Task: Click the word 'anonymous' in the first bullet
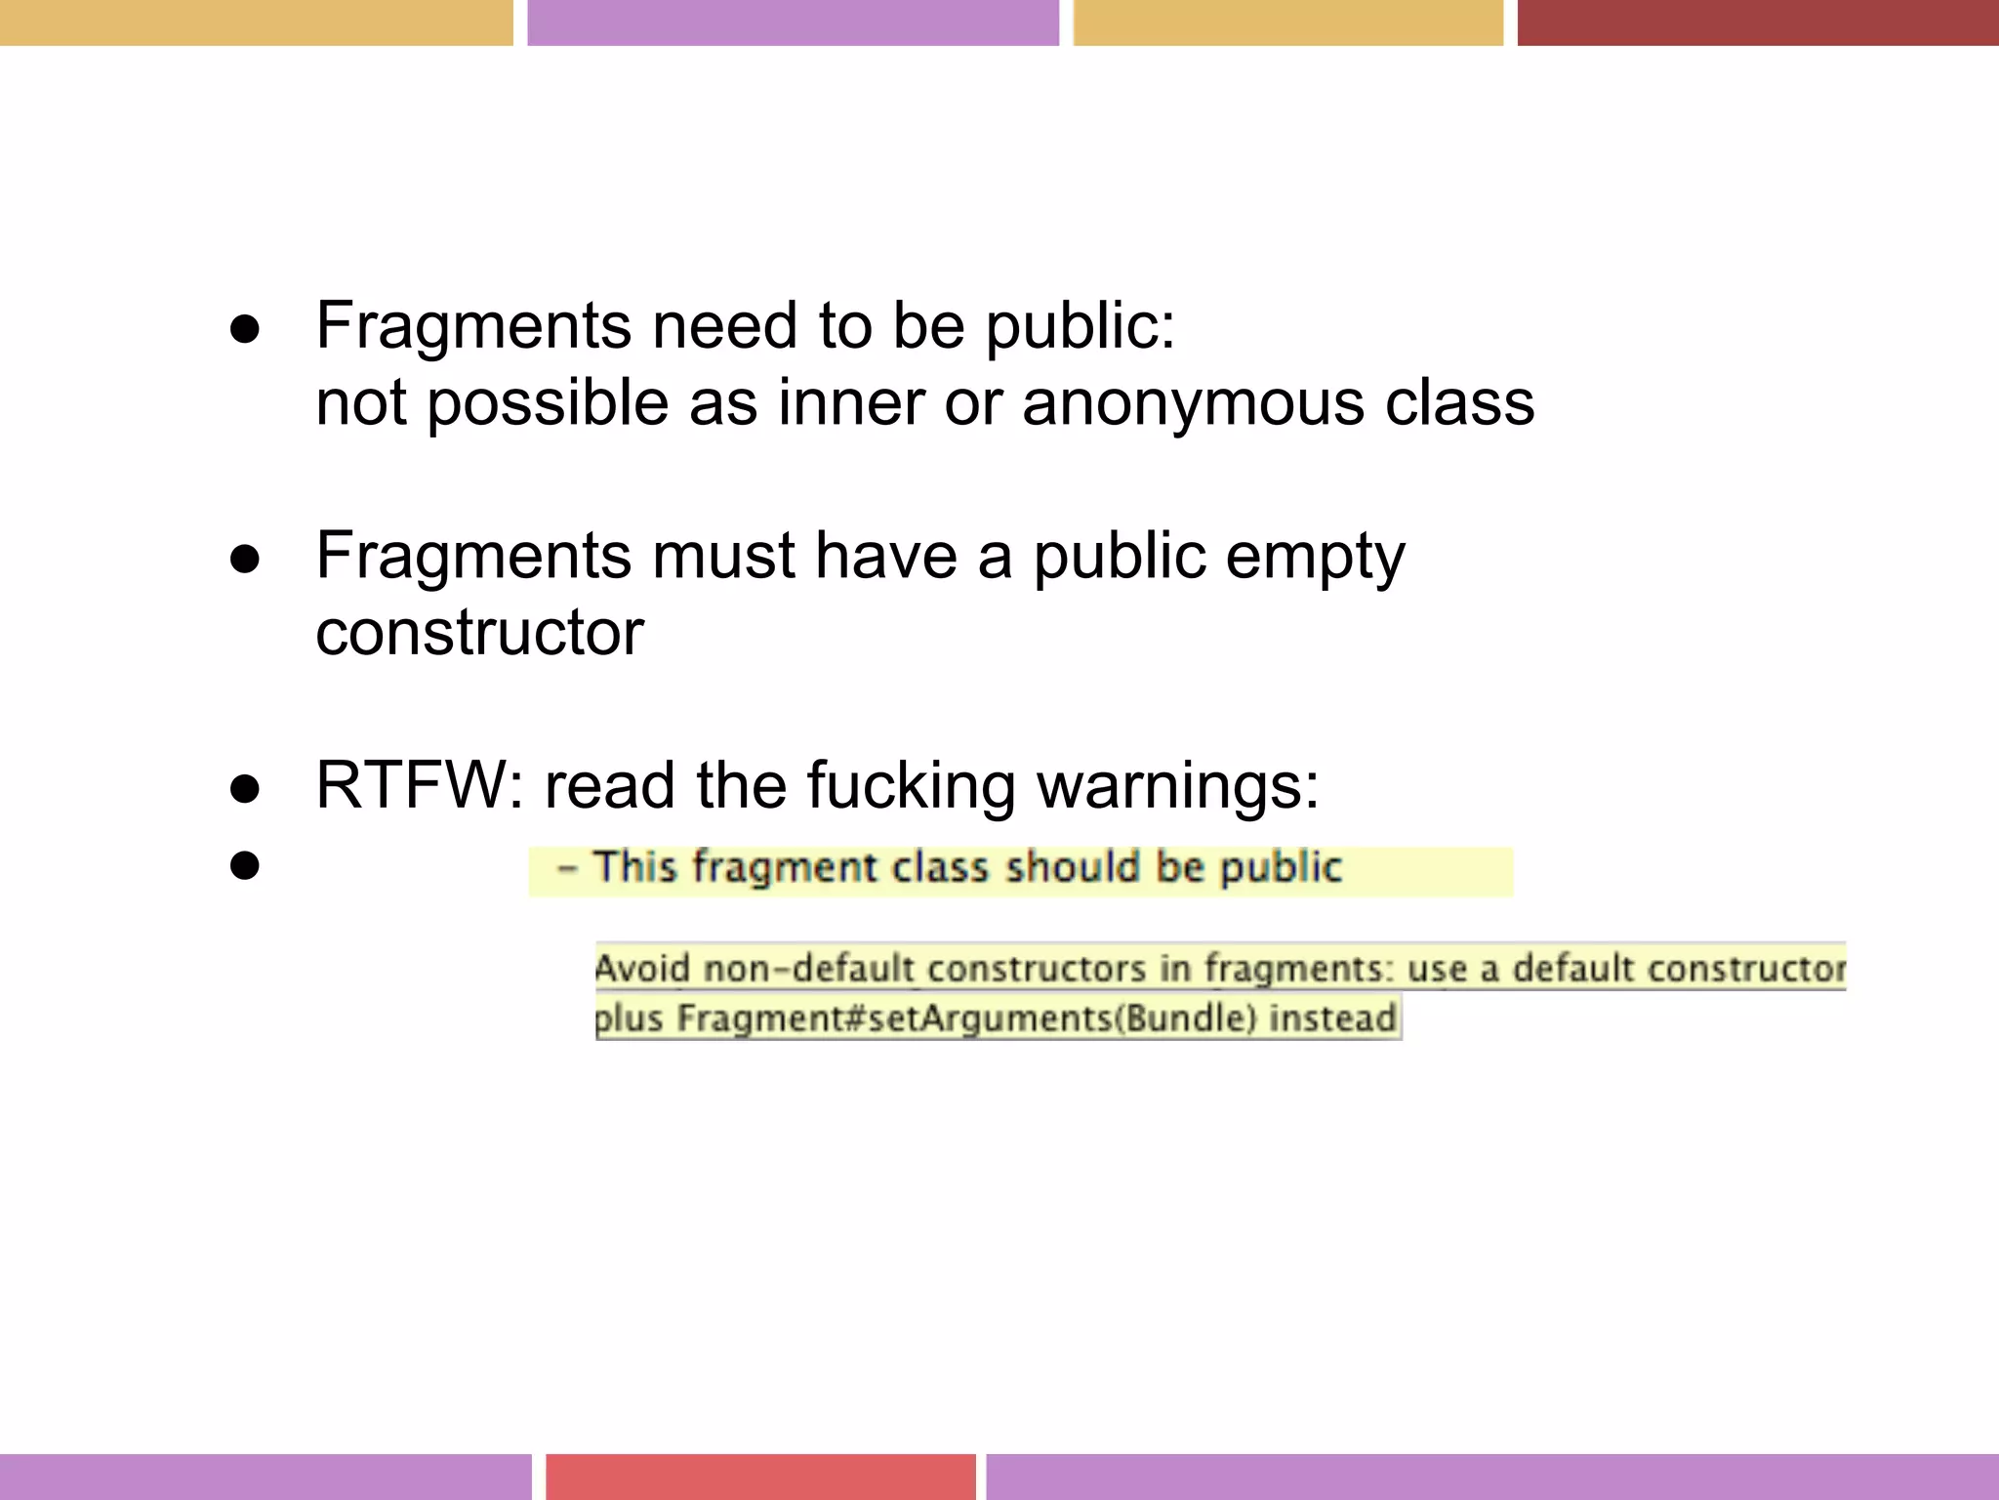pyautogui.click(x=1193, y=403)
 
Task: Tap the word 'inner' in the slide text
pyautogui.click(x=848, y=403)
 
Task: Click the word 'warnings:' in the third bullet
pyautogui.click(x=1177, y=785)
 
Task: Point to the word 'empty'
pyautogui.click(x=1315, y=557)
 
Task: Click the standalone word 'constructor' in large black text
pyautogui.click(x=479, y=633)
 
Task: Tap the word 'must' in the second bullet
pyautogui.click(x=723, y=557)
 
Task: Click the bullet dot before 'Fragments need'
pyautogui.click(x=245, y=329)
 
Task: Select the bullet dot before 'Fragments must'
pyautogui.click(x=245, y=560)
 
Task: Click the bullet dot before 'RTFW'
pyautogui.click(x=245, y=789)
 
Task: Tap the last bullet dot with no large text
pyautogui.click(x=245, y=865)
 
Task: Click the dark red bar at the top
pyautogui.click(x=1757, y=22)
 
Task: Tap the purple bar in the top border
pyautogui.click(x=793, y=22)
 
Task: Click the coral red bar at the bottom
pyautogui.click(x=760, y=1476)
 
